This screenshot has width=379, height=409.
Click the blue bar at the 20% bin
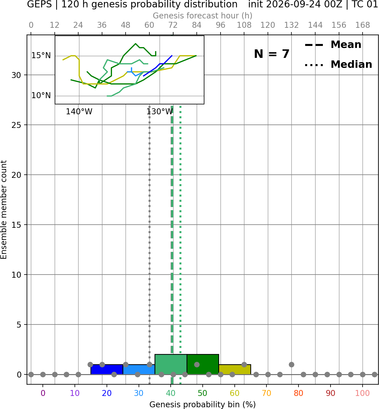coord(107,369)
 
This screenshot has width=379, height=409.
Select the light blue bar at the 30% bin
coord(139,369)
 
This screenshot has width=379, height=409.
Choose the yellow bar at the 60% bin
coord(235,369)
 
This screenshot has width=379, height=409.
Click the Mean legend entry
coord(333,45)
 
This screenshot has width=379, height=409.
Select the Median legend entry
coord(338,64)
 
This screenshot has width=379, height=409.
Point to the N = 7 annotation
coord(272,54)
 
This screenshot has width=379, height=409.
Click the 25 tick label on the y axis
coord(16,125)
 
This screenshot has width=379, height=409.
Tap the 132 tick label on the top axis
coord(291,25)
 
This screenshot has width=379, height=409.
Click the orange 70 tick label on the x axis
coord(266,393)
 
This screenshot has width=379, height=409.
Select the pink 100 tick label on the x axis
coord(363,393)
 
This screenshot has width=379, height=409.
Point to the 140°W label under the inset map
coord(79,112)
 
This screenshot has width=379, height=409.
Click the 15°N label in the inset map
coord(41,56)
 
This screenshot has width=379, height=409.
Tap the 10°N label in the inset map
coord(41,96)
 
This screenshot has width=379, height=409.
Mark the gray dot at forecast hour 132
coord(291,364)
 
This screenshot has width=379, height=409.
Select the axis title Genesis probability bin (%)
coord(203,404)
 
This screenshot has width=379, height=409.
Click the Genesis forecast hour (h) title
coord(203,16)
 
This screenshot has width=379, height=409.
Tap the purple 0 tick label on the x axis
coord(43,393)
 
